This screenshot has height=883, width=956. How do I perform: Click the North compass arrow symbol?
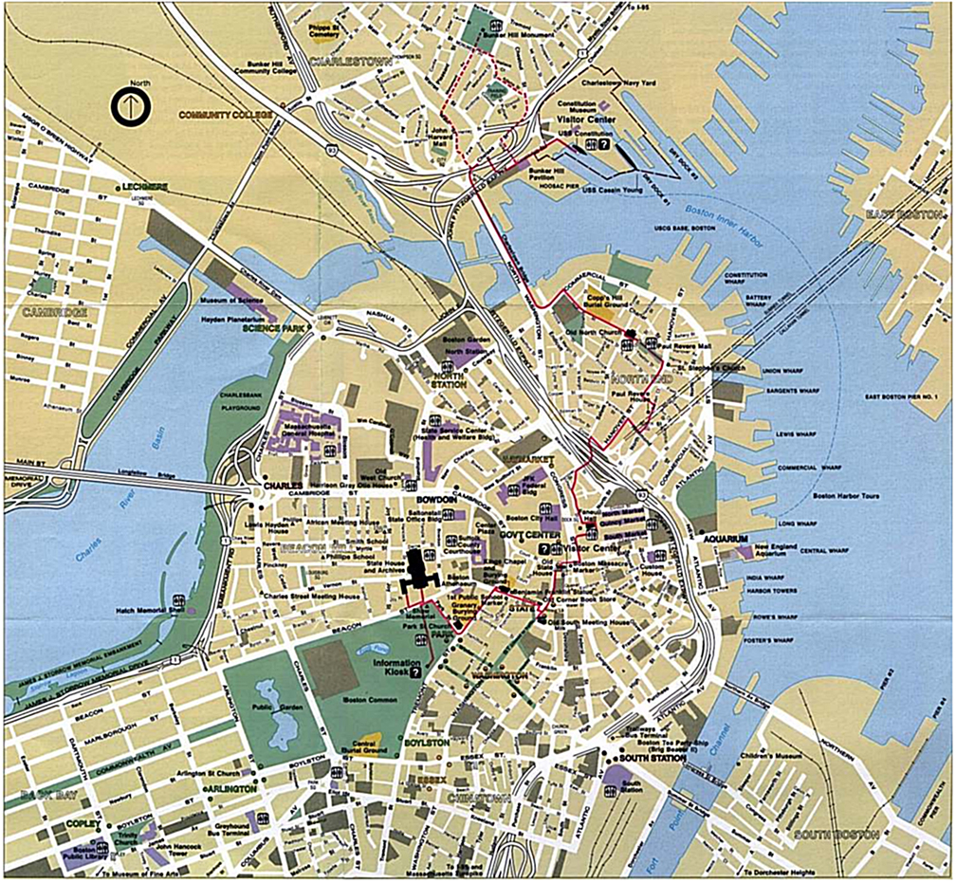pyautogui.click(x=128, y=106)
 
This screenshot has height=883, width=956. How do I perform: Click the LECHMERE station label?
pyautogui.click(x=141, y=186)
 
